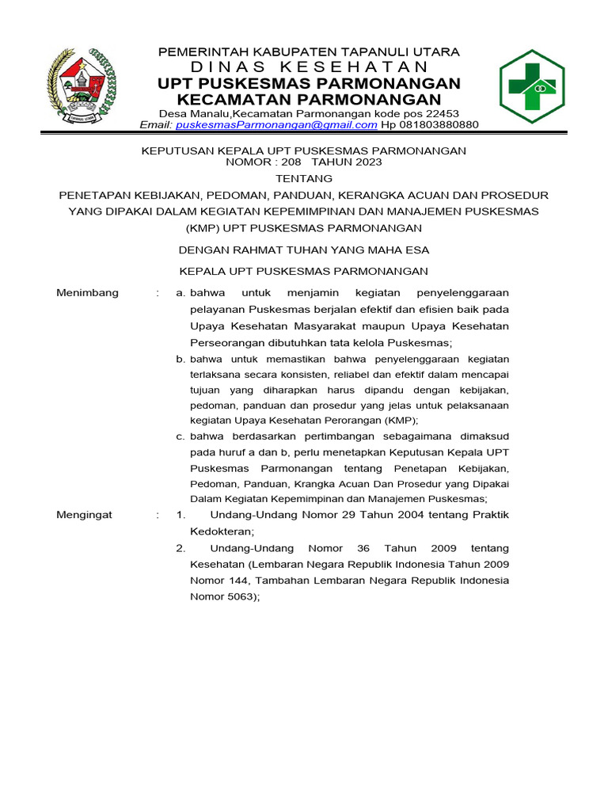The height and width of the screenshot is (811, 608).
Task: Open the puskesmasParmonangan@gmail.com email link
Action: click(276, 125)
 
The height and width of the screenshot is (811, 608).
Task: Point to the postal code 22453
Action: click(443, 113)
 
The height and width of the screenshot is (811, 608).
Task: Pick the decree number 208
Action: click(287, 162)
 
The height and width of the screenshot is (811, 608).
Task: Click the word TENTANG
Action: click(304, 178)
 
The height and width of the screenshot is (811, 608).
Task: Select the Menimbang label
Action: click(88, 293)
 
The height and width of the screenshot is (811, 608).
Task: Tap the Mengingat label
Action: click(85, 515)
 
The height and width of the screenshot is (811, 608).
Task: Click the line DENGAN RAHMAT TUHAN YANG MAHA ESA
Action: click(304, 250)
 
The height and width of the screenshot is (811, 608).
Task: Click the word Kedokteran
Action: click(218, 531)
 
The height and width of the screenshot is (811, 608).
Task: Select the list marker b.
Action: click(180, 360)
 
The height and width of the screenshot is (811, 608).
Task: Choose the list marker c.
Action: click(180, 436)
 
